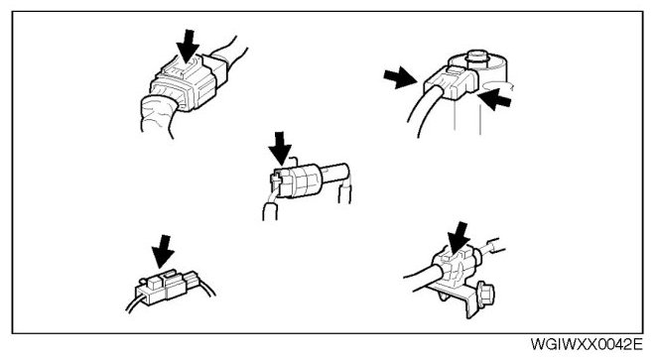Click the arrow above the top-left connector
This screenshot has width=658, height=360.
(x=188, y=46)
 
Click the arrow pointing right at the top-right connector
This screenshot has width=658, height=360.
(x=400, y=77)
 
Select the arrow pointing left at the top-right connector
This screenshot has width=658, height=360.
(x=495, y=100)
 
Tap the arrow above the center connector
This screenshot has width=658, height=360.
(x=280, y=148)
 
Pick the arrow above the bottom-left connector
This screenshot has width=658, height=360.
(x=163, y=251)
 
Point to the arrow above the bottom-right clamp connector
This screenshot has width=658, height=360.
(x=459, y=238)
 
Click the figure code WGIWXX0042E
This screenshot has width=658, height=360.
(x=587, y=344)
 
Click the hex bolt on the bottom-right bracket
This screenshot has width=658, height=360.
(x=485, y=295)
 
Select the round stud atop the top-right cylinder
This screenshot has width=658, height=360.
(x=476, y=58)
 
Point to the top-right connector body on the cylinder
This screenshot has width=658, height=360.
(x=452, y=83)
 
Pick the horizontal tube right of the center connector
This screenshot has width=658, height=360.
(x=335, y=174)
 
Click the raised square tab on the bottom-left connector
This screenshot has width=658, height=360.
(x=155, y=282)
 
